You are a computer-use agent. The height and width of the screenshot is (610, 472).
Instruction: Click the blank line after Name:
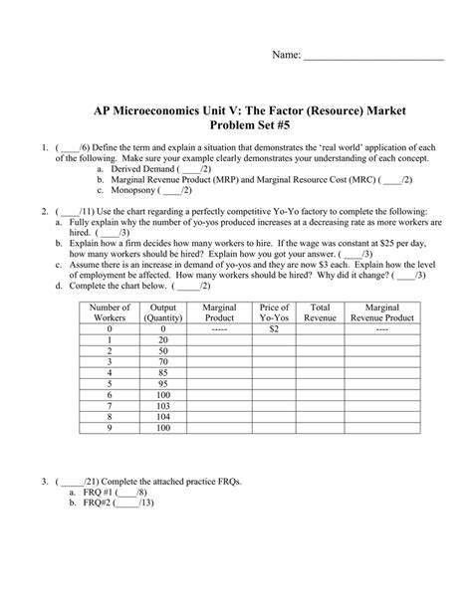(x=373, y=59)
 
